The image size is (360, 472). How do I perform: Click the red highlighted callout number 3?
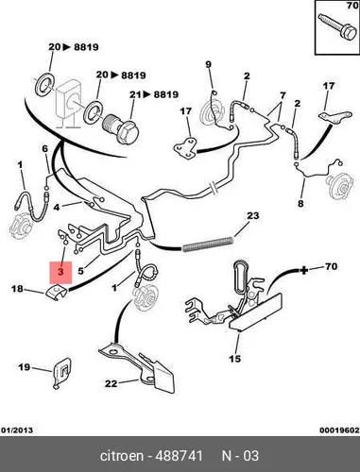60,272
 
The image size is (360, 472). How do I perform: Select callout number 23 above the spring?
252,216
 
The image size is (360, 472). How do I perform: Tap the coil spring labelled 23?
208,244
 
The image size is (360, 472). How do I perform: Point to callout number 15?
235,359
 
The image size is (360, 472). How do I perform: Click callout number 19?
24,367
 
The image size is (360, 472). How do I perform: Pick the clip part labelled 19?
61,374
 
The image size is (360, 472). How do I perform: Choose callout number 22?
111,383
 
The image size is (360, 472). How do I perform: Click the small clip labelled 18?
57,293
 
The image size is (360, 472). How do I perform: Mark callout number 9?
209,64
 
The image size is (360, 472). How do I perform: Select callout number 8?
300,204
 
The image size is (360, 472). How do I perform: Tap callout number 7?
283,95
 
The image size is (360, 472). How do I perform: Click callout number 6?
45,148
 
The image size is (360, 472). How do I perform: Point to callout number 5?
80,271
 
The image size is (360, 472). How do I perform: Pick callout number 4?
57,208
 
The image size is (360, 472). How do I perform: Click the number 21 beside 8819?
135,94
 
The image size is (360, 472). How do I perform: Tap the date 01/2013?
17,430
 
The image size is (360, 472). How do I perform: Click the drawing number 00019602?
339,430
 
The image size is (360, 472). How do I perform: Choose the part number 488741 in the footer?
180,456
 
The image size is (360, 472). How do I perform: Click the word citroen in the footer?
122,456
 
